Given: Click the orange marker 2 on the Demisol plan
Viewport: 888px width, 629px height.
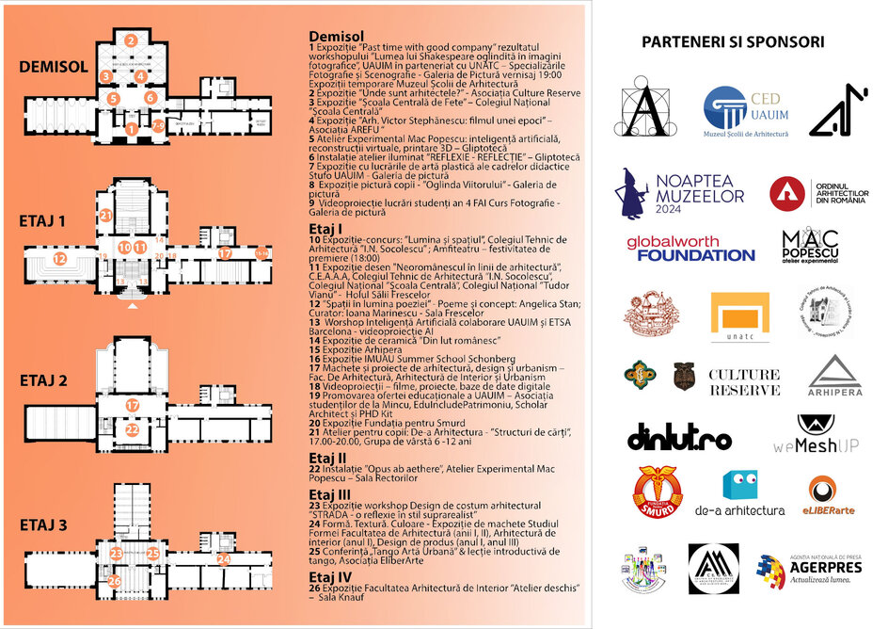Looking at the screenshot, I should coord(132,40).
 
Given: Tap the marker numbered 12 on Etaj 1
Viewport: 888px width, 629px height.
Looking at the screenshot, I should coord(60,258).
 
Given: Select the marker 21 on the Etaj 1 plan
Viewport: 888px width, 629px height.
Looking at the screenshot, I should coord(106,216).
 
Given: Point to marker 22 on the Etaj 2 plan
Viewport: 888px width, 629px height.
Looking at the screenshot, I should coord(132,430).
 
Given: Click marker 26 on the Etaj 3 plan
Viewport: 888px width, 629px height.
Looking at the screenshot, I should coord(114,581).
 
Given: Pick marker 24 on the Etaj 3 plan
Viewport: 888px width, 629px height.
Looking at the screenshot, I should coord(223,558).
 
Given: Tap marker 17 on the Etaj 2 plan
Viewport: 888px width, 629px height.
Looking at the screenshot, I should coord(133,405).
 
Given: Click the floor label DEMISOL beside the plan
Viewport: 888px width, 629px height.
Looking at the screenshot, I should coord(54,67).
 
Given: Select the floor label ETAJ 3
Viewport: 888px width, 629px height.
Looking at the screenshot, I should coord(43,524).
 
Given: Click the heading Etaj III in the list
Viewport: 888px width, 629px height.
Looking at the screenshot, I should coord(330,493).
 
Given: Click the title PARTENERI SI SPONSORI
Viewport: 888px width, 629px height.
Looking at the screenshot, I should coord(733,41).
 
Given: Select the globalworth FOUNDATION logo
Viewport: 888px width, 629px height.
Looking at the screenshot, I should coord(690,249).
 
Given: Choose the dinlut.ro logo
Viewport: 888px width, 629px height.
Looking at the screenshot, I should coord(679,437).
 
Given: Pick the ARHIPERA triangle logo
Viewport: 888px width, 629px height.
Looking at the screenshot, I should coord(834,377).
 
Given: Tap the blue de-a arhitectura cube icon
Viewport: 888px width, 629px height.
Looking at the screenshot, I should coord(739,485).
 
